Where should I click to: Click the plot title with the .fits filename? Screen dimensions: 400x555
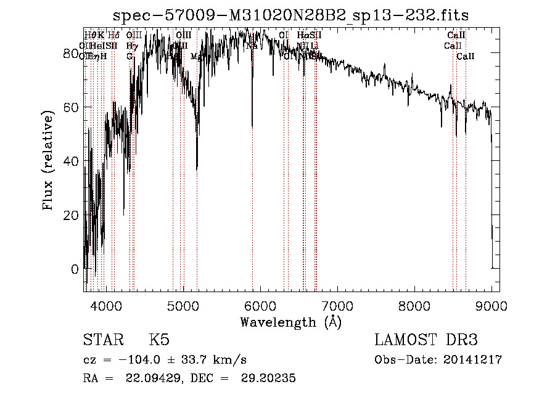point(295,16)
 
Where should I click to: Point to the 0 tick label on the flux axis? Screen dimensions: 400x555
point(75,269)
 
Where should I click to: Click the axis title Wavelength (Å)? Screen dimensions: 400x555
point(290,322)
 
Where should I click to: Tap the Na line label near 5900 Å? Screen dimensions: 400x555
point(252,46)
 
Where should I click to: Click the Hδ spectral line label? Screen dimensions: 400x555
point(113,35)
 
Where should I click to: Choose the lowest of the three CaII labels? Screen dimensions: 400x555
point(466,56)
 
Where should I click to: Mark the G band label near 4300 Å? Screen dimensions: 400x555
point(129,56)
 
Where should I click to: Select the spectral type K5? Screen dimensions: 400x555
point(158,340)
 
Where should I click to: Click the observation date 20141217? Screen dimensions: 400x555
point(472,360)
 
